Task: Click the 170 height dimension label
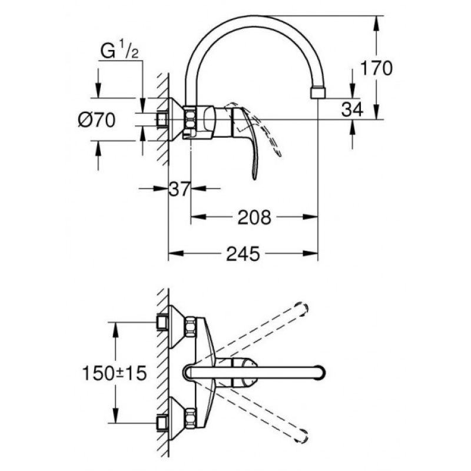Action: pos(376,68)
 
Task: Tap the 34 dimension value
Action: pos(352,109)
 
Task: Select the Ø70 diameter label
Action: pos(97,120)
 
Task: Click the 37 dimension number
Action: pos(180,189)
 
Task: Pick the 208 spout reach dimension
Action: pos(254,217)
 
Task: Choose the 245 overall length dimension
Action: pos(243,254)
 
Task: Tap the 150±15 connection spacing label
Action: pos(114,373)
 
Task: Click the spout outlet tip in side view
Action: pos(318,93)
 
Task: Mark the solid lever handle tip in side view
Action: pos(255,177)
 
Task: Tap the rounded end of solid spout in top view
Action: pos(320,373)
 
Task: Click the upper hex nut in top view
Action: pos(190,326)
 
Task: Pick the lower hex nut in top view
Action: pos(190,418)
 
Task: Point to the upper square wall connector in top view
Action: pos(162,322)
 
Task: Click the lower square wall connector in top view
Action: pos(162,423)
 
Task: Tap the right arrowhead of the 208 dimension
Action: pos(310,217)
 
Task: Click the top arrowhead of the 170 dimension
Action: pos(376,23)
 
